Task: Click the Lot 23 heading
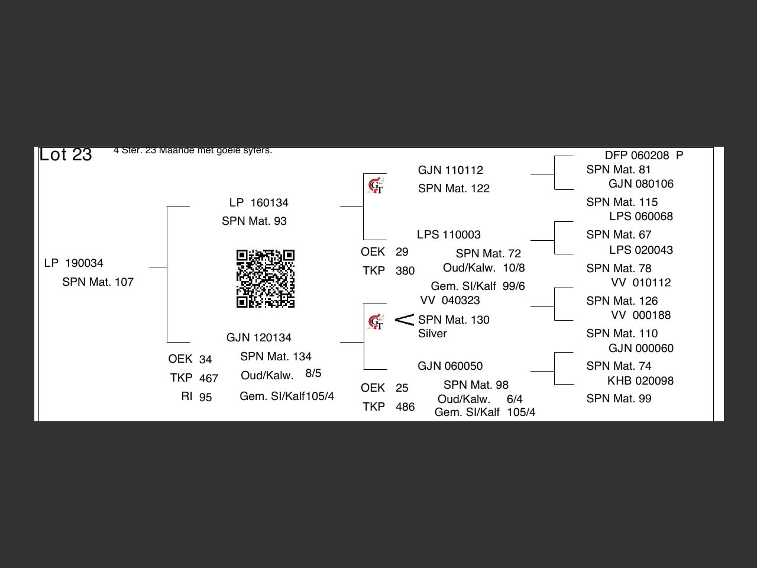click(x=66, y=154)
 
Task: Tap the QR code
click(x=266, y=279)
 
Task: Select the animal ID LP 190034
click(x=74, y=263)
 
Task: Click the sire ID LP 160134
click(x=259, y=203)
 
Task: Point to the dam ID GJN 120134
click(x=259, y=338)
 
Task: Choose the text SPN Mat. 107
click(x=98, y=282)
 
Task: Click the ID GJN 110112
click(x=451, y=170)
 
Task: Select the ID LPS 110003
click(x=449, y=235)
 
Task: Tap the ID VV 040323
click(x=450, y=301)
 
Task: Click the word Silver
click(x=432, y=334)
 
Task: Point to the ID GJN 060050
click(x=450, y=366)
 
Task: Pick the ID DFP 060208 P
click(x=643, y=156)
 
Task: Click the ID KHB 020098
click(x=640, y=381)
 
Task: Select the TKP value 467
click(x=209, y=379)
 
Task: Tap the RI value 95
click(x=205, y=398)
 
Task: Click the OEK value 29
click(x=402, y=252)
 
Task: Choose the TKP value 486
click(x=405, y=407)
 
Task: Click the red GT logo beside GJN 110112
click(x=376, y=186)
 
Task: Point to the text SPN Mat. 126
click(x=622, y=301)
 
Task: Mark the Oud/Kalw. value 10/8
click(x=514, y=268)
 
